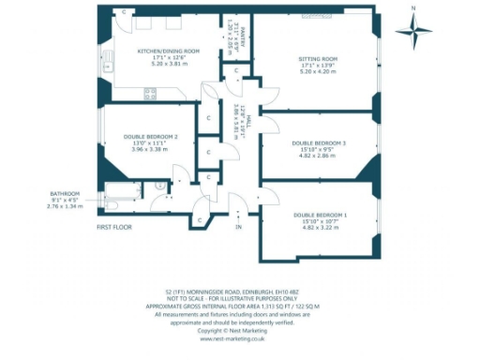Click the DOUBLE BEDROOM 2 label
pyautogui.click(x=149, y=137)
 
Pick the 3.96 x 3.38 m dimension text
pyautogui.click(x=149, y=149)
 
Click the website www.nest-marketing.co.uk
pyautogui.click(x=239, y=338)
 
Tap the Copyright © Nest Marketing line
pyautogui.click(x=239, y=330)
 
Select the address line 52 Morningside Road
pyautogui.click(x=239, y=292)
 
